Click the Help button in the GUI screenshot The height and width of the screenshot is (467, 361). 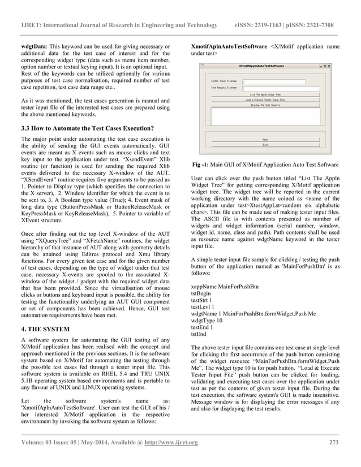point(265,139)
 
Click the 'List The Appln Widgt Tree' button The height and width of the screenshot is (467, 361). point(265,94)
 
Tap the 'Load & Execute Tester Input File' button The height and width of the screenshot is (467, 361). point(265,100)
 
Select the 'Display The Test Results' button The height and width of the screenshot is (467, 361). point(265,105)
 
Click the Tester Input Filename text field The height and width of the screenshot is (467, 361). point(274,81)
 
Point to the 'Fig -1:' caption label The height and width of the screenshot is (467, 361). point(202,165)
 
